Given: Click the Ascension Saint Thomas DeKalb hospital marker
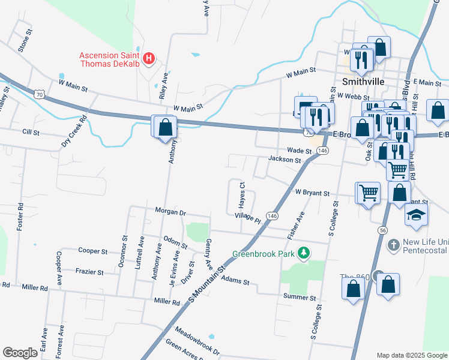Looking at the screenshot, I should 150,59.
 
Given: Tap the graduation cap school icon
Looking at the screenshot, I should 415,216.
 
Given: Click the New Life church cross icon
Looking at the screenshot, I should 393,245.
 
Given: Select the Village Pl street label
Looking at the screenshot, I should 248,218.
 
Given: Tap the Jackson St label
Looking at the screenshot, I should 285,160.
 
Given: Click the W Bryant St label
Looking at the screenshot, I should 312,193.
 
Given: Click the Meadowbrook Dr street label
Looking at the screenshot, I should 197,340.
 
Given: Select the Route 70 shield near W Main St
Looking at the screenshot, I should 39,94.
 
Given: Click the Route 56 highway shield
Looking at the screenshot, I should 382,230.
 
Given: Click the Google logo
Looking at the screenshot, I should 20,353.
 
